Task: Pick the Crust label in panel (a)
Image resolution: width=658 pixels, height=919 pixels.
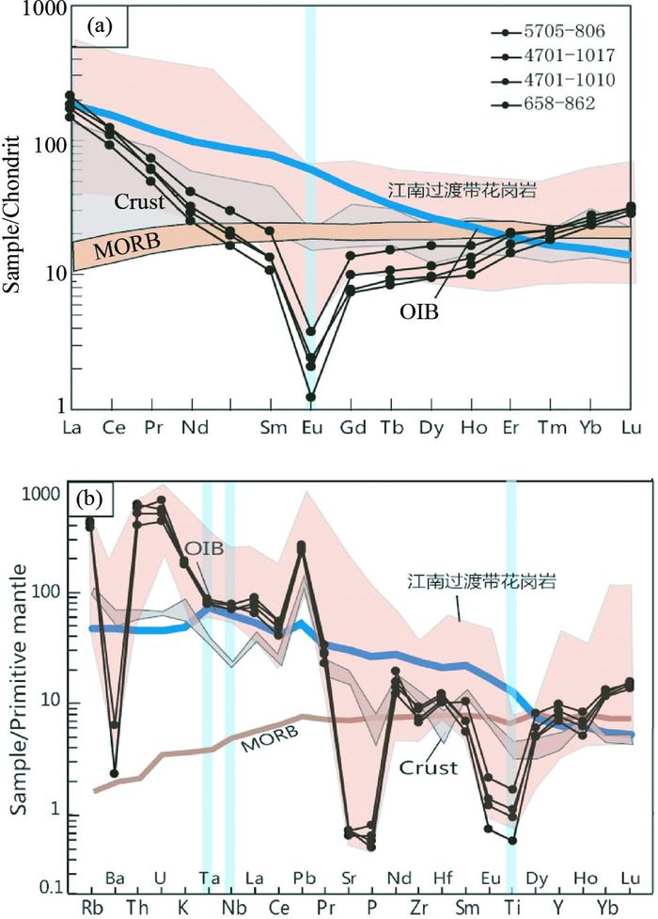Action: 140,201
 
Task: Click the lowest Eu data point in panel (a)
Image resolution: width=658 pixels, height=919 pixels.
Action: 310,397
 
